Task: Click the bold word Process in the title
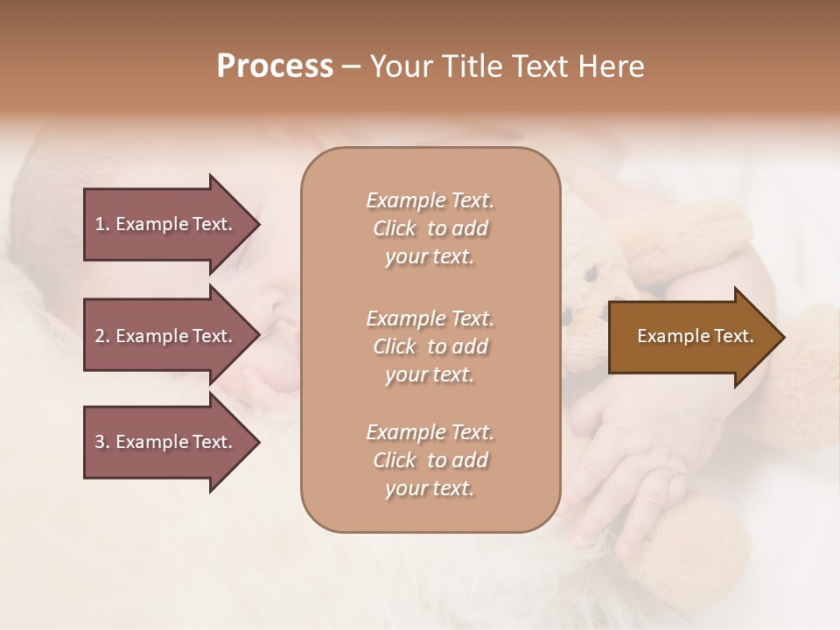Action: [275, 66]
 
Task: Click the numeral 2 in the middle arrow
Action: [100, 336]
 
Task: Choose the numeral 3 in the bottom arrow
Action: [100, 442]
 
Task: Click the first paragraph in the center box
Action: [430, 228]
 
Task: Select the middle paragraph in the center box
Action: [430, 346]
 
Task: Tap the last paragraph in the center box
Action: [430, 460]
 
